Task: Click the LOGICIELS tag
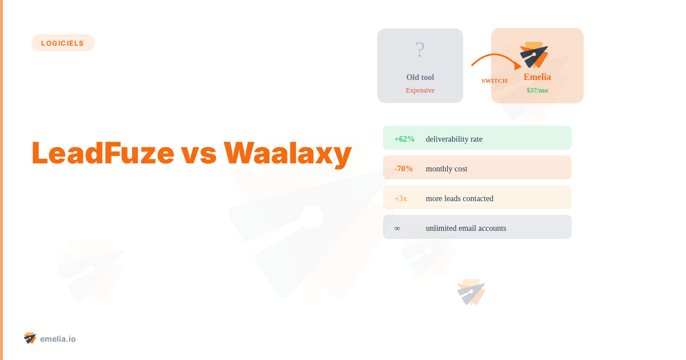pyautogui.click(x=63, y=43)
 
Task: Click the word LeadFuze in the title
pyautogui.click(x=102, y=153)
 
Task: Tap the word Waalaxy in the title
pyautogui.click(x=287, y=153)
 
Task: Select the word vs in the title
pyautogui.click(x=198, y=153)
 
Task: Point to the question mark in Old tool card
pyautogui.click(x=420, y=50)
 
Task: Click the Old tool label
pyautogui.click(x=420, y=77)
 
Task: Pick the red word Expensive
pyautogui.click(x=420, y=90)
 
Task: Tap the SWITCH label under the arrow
pyautogui.click(x=494, y=81)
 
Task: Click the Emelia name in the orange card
pyautogui.click(x=537, y=77)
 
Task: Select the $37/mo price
pyautogui.click(x=537, y=90)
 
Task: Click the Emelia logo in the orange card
pyautogui.click(x=535, y=55)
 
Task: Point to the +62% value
pyautogui.click(x=405, y=139)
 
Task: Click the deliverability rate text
pyautogui.click(x=454, y=139)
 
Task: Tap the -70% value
pyautogui.click(x=404, y=169)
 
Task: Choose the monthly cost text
pyautogui.click(x=446, y=169)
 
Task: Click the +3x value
pyautogui.click(x=401, y=198)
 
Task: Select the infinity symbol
pyautogui.click(x=397, y=228)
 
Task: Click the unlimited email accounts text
pyautogui.click(x=466, y=228)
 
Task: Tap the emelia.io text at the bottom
pyautogui.click(x=58, y=339)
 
